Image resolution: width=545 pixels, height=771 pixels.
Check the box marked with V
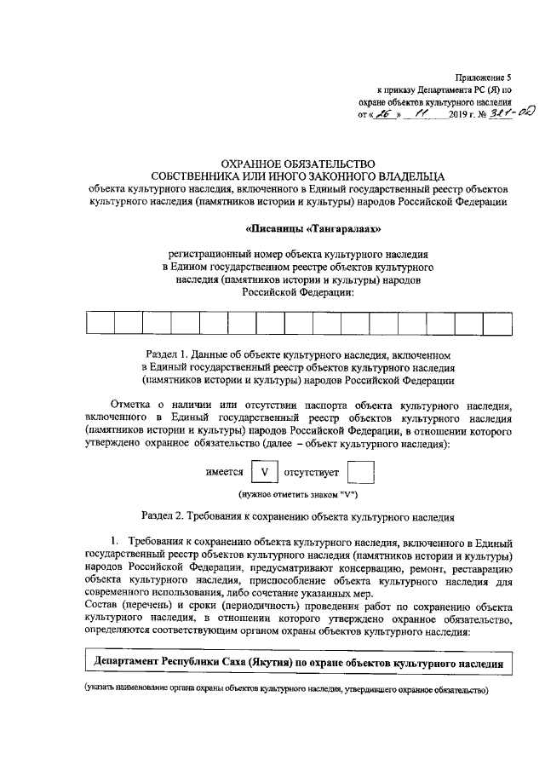pos(264,471)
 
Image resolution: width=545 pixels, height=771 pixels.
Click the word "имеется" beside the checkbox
pos(225,472)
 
